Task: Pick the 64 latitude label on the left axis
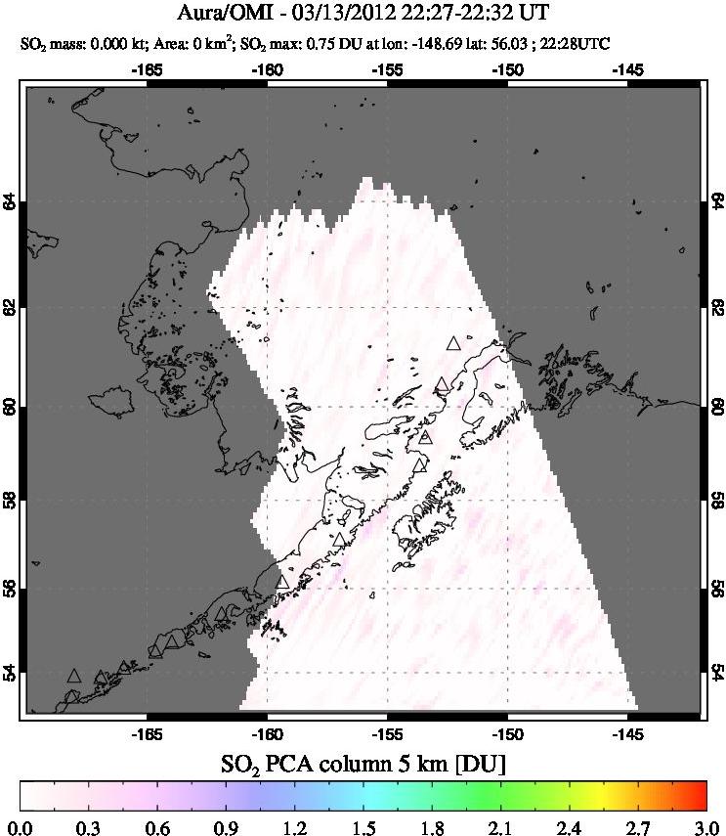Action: click(10, 202)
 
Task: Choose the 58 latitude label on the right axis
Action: click(715, 500)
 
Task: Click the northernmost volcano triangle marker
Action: click(452, 343)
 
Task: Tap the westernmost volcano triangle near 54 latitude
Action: click(73, 676)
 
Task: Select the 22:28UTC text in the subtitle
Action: click(674, 43)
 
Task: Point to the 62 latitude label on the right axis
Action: click(715, 307)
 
